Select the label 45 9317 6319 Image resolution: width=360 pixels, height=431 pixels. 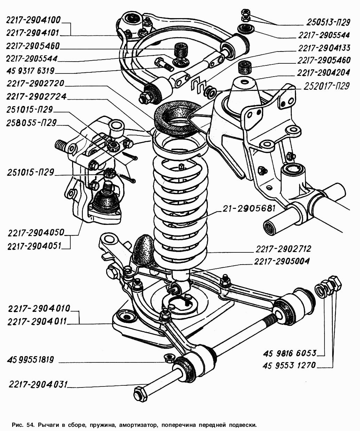point(30,71)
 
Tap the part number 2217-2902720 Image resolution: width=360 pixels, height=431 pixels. point(35,84)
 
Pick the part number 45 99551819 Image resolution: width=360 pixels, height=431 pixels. point(31,360)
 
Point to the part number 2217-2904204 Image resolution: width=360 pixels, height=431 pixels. point(323,73)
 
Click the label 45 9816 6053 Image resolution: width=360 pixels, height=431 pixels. point(290,353)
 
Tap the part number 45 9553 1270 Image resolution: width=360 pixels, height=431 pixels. point(290,365)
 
